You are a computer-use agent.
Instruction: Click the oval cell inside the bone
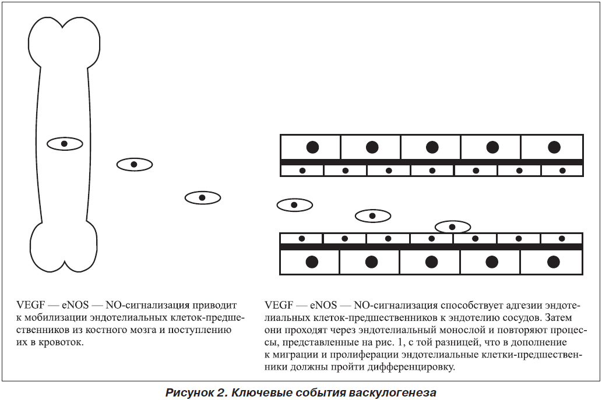pyautogui.click(x=65, y=144)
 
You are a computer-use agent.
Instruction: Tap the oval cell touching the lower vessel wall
pyautogui.click(x=453, y=226)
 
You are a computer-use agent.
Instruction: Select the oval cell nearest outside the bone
pyautogui.click(x=135, y=165)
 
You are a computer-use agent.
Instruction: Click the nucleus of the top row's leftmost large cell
pyautogui.click(x=312, y=147)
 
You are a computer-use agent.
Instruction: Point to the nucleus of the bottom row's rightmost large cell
pyautogui.click(x=553, y=262)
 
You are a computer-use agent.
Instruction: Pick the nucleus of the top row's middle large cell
pyautogui.click(x=432, y=147)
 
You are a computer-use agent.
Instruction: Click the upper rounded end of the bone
pyautogui.click(x=64, y=42)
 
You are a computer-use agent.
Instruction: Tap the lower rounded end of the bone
pyautogui.click(x=64, y=247)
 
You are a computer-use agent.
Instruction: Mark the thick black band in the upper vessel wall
pyautogui.click(x=431, y=162)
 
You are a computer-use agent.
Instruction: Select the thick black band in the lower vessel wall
pyautogui.click(x=431, y=247)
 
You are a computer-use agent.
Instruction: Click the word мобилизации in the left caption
pyautogui.click(x=55, y=318)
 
